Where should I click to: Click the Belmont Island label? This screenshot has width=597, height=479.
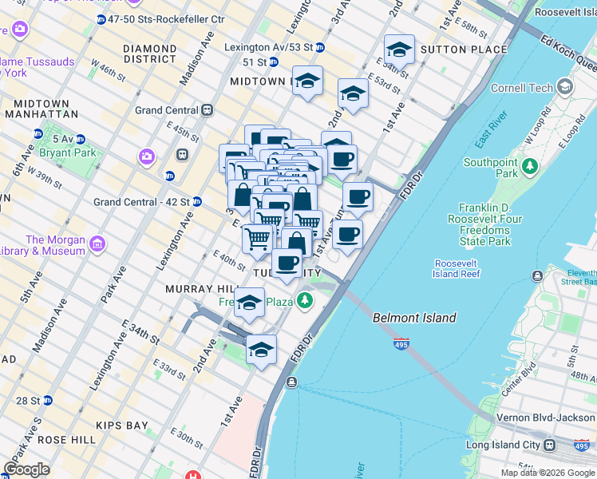(x=414, y=318)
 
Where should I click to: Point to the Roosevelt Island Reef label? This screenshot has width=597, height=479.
(x=457, y=268)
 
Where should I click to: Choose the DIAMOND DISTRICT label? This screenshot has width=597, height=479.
(x=149, y=53)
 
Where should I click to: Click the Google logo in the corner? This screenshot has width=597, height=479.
(x=27, y=469)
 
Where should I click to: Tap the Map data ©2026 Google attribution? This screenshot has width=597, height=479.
(x=548, y=473)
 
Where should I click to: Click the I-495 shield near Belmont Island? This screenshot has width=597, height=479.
(x=401, y=344)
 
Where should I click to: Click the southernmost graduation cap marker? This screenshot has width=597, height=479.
(x=261, y=350)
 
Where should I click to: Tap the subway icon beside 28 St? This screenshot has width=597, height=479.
(x=48, y=400)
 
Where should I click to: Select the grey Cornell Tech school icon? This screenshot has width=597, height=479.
(x=565, y=86)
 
